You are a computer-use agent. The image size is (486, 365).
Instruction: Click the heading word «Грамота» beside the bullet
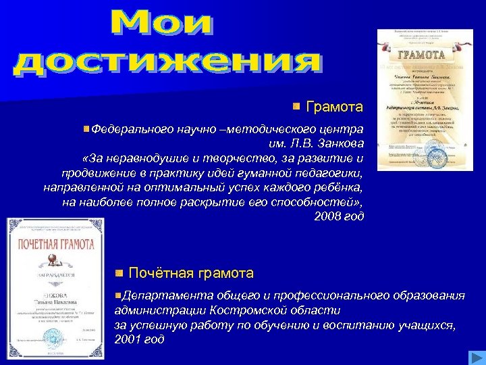(335, 107)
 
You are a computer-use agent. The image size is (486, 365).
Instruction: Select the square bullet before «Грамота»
(297, 106)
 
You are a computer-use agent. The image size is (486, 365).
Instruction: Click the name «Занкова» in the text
(340, 143)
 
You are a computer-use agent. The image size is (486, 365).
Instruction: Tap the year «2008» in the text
(327, 217)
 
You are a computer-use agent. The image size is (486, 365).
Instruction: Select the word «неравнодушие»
(143, 158)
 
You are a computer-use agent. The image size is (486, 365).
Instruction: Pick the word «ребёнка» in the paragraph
(340, 187)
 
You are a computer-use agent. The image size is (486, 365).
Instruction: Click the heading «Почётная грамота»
(191, 274)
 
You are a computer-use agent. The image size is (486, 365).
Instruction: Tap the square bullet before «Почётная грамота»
(119, 274)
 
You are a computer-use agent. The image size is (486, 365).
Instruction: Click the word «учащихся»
(430, 324)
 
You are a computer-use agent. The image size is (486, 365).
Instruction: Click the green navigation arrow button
(475, 358)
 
